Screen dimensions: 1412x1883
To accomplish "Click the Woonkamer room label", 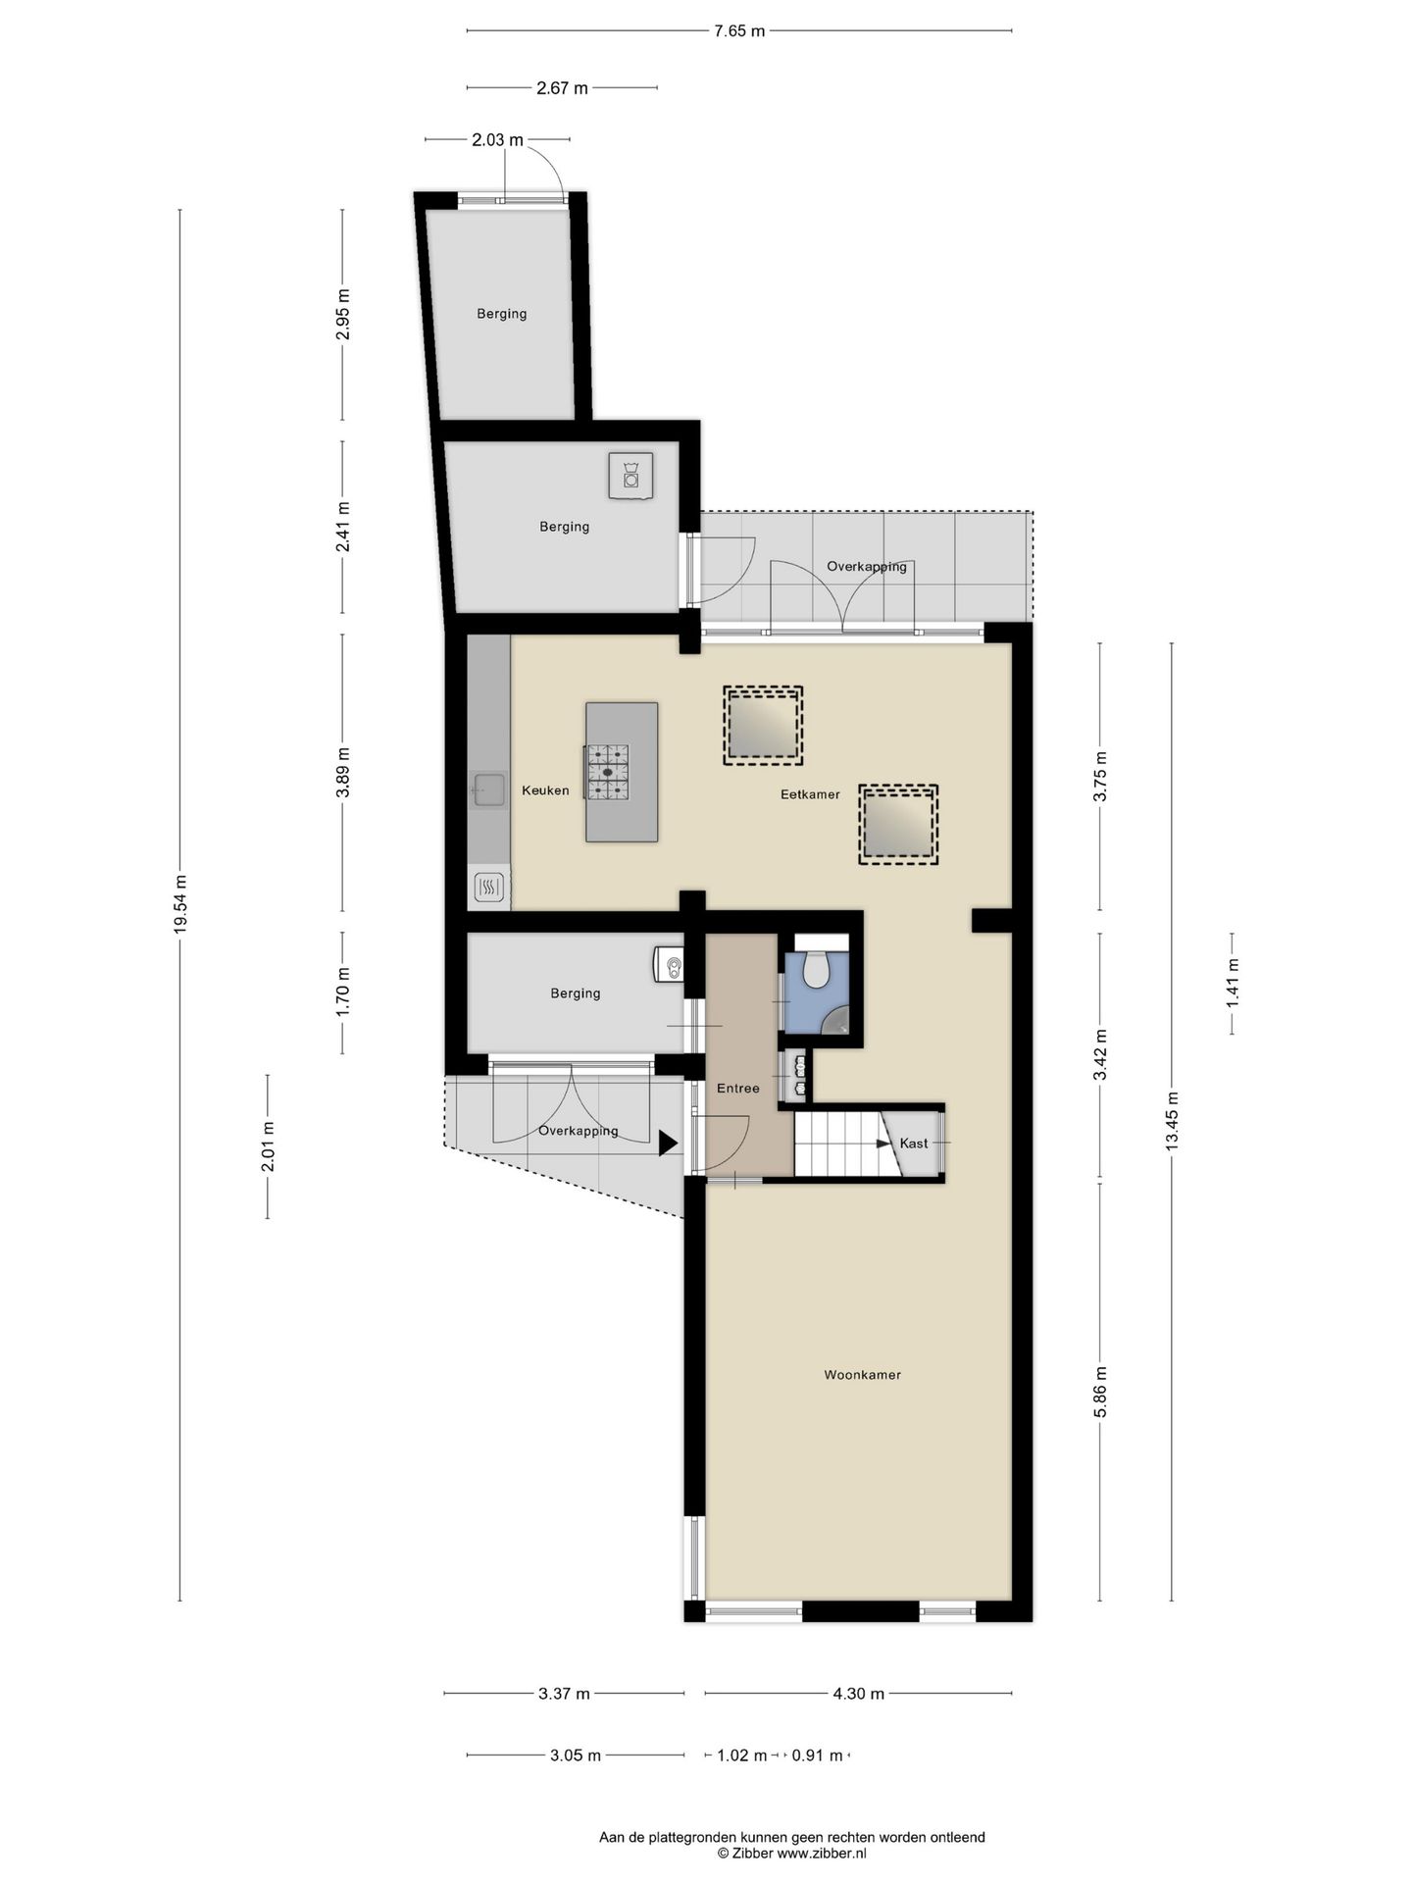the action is [862, 1375].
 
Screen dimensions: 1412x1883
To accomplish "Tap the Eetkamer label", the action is [810, 794].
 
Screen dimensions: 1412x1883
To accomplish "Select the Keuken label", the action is [545, 790].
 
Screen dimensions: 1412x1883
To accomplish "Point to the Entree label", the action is [738, 1088].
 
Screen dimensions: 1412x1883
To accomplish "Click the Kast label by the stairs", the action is [914, 1144].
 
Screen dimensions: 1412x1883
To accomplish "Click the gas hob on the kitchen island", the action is [607, 773].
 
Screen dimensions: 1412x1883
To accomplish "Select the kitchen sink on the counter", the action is [488, 789].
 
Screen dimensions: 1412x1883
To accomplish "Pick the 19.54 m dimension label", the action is [180, 904].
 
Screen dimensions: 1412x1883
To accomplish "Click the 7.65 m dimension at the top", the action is [739, 31].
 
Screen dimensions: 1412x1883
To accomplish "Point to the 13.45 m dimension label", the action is [1172, 1124].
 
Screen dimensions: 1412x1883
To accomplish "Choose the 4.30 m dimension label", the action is [858, 1694].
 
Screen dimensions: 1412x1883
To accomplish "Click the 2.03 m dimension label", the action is [497, 140].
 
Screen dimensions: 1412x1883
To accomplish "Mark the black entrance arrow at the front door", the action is [670, 1144].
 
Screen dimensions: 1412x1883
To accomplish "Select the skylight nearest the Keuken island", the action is [763, 726].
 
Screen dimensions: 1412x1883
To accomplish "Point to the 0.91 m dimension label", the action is [817, 1756].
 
